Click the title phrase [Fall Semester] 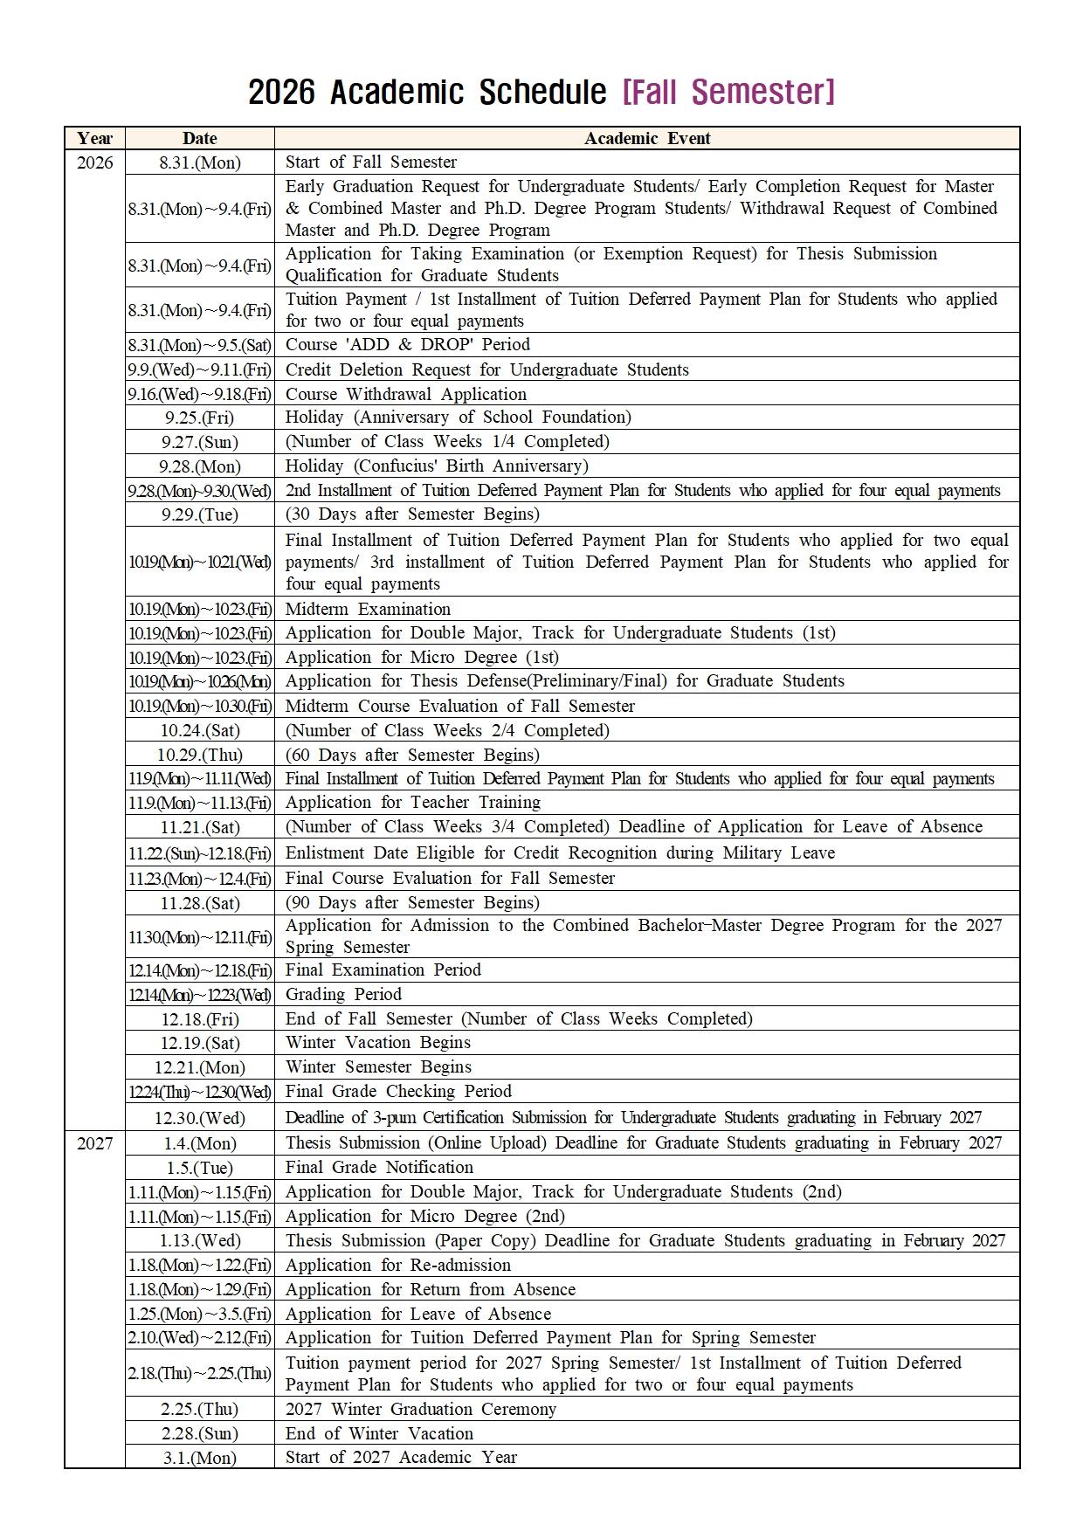pos(728,92)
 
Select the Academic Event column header pos(646,138)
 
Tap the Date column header pos(199,138)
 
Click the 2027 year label pos(94,1143)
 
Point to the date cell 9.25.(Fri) pos(199,418)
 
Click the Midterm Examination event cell pos(368,609)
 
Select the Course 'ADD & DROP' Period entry pos(407,344)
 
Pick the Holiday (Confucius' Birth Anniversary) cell pos(437,466)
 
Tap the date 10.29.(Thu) pos(199,755)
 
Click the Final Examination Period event pos(383,970)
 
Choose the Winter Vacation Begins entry pos(377,1042)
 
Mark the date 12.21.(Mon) pos(199,1067)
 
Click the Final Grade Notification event pos(379,1167)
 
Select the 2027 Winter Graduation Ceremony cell pos(420,1409)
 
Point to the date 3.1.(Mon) pos(199,1458)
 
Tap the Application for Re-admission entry pos(397,1265)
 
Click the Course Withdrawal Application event pos(405,394)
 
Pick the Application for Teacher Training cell pos(412,802)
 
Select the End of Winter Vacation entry pos(379,1433)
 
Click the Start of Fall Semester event pos(370,162)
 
